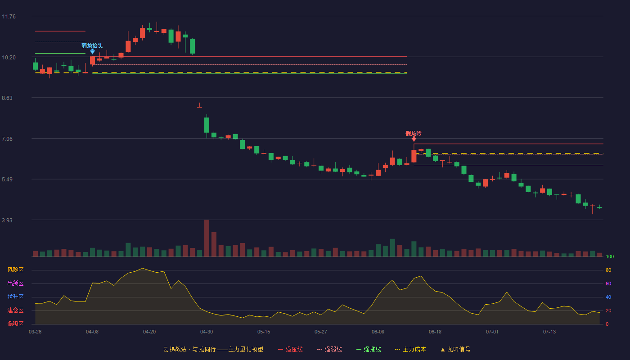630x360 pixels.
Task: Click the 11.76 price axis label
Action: pos(9,17)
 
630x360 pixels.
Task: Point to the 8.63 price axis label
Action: pos(7,98)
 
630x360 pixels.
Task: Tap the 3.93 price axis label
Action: pos(7,220)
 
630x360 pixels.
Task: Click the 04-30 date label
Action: pos(207,332)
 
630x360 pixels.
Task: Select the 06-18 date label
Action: pos(435,332)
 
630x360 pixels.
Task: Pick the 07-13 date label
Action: pos(549,332)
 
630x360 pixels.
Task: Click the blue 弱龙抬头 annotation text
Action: pos(92,45)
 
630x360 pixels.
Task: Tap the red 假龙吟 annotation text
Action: pos(414,133)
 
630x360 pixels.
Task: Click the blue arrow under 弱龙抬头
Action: pos(92,51)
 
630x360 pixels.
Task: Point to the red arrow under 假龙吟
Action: pos(414,139)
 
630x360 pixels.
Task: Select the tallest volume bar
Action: pos(207,238)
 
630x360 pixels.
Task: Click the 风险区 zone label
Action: pos(15,270)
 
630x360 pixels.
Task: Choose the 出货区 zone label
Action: pos(15,283)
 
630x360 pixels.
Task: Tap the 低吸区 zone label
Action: pos(15,324)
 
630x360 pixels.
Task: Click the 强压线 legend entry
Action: pos(290,349)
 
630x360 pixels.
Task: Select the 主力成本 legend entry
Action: pos(410,349)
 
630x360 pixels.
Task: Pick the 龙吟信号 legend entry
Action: pos(455,349)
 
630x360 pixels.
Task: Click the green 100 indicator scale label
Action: pos(610,256)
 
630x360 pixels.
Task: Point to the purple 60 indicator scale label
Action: pos(608,283)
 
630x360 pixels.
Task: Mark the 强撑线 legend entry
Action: pos(369,349)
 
